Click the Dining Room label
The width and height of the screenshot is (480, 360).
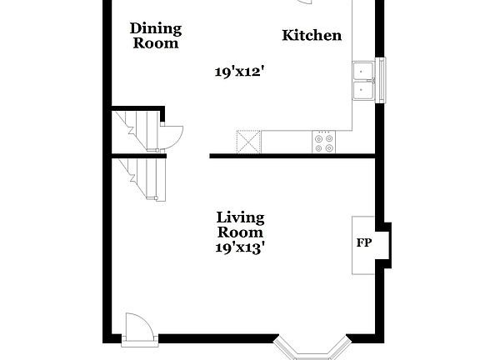155,36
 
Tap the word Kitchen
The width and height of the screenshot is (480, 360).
312,35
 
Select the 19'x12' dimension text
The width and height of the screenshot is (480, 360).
239,72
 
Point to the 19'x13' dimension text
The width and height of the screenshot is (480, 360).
240,247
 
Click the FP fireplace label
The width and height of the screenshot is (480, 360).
364,243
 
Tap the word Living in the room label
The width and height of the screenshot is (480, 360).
240,217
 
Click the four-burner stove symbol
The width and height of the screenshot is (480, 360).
323,142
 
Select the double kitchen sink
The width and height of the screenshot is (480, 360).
363,81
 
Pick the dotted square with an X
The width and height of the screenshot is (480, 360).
248,142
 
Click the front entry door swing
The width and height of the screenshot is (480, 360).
136,327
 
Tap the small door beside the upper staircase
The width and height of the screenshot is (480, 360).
172,134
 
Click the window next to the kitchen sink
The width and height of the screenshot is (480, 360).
381,81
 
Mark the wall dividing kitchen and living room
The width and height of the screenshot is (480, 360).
292,155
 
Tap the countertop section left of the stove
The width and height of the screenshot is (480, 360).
287,142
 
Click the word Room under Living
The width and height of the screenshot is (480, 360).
240,232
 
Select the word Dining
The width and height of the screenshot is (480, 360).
155,28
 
